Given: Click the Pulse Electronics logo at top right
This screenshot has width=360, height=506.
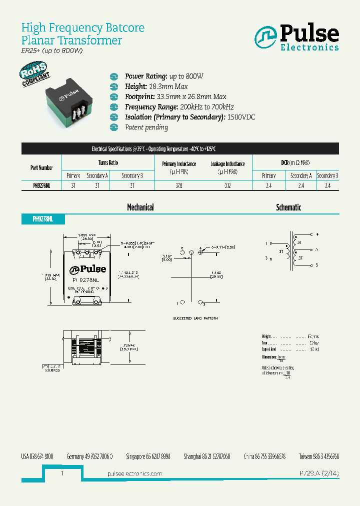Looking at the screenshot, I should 296,38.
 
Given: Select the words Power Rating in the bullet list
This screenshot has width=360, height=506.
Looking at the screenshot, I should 145,76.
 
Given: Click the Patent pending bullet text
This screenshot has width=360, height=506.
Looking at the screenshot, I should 146,127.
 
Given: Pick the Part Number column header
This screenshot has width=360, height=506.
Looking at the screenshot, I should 41,168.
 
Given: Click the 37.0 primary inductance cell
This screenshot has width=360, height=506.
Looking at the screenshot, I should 179,185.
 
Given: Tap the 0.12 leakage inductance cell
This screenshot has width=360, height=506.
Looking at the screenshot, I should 227,185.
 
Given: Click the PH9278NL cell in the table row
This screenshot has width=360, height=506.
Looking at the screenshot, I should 41,185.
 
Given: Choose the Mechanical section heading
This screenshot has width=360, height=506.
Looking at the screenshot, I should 140,207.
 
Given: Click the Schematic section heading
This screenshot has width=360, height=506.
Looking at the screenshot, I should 288,207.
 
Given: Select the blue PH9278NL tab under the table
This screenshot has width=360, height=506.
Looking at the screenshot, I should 42,219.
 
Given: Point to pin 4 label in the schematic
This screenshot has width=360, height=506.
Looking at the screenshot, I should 317,234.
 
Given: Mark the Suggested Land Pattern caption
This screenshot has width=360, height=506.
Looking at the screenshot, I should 195,318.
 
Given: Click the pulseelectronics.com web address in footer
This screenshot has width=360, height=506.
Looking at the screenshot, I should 134,473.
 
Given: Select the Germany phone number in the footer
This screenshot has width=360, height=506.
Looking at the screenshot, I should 89,456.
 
